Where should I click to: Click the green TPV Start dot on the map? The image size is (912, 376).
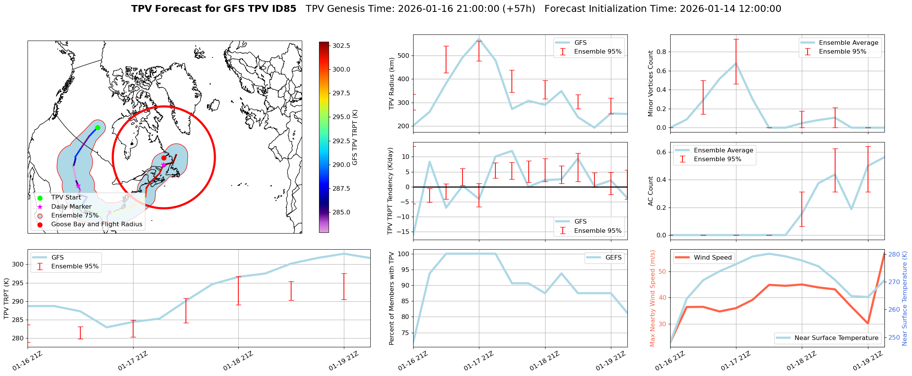[98, 128]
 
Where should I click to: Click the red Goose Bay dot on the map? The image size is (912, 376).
[164, 158]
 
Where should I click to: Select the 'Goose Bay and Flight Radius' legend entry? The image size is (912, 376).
[96, 224]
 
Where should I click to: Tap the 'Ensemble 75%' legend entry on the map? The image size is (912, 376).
[75, 216]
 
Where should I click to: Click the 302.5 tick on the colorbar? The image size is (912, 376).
[341, 46]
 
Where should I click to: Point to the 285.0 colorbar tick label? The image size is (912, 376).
[341, 212]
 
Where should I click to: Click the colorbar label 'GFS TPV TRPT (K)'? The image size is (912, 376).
[355, 137]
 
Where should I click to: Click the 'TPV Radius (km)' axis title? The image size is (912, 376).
[391, 83]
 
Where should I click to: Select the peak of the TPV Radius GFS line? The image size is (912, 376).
[479, 39]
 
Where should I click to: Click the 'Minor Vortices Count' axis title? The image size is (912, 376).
[651, 83]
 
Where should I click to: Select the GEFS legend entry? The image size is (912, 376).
[613, 258]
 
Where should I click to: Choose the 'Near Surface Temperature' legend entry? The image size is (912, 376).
[836, 338]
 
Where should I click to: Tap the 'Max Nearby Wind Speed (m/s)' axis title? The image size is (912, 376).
[653, 298]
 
